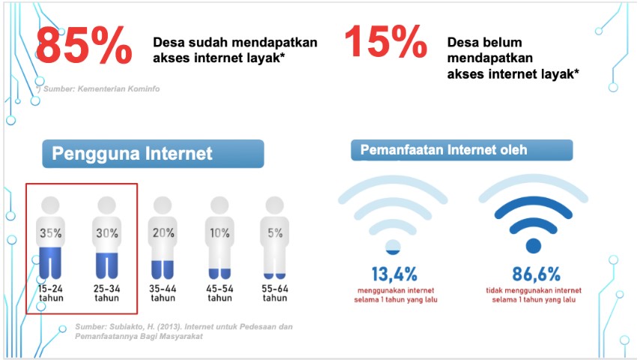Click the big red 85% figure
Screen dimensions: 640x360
[84, 45]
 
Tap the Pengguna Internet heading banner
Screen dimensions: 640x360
[153, 154]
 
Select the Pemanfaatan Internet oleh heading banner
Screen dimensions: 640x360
[462, 150]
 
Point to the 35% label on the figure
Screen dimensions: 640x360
[51, 233]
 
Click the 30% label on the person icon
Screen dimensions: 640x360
[107, 233]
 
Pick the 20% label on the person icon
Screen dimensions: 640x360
[163, 233]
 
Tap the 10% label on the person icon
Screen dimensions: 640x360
[220, 233]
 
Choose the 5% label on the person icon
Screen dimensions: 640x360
[275, 233]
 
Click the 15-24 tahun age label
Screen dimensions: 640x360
[51, 293]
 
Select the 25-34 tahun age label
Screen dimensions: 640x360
[107, 293]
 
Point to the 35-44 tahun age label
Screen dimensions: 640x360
[163, 293]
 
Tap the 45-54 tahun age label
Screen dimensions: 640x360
[220, 293]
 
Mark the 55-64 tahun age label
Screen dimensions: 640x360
[275, 293]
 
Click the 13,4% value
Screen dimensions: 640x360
[394, 274]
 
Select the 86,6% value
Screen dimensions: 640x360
[537, 274]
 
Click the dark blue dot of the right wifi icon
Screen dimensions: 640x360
[534, 246]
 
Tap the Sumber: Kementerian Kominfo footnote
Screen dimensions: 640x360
[98, 88]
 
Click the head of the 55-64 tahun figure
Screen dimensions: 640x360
[275, 205]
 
